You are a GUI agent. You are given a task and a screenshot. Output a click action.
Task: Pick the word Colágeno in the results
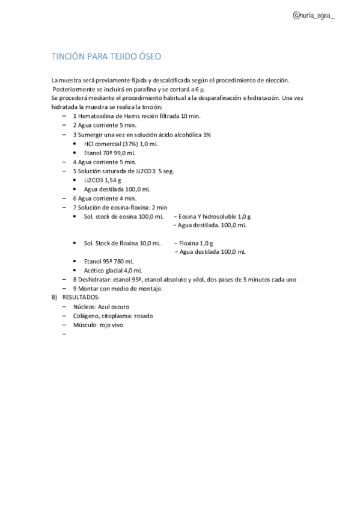click(86, 316)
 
